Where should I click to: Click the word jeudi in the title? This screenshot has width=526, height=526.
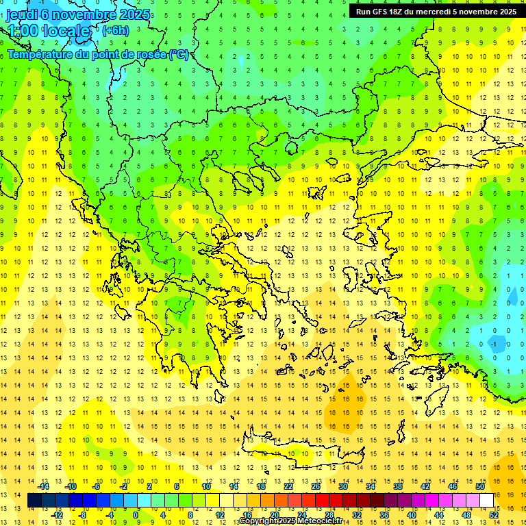(x=22, y=15)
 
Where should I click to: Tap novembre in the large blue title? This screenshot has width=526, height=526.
(x=82, y=15)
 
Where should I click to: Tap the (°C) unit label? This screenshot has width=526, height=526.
(x=179, y=54)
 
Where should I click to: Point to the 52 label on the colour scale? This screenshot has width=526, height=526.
(x=494, y=515)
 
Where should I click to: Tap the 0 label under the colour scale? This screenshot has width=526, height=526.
(x=136, y=515)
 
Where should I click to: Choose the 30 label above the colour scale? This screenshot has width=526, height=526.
(x=342, y=486)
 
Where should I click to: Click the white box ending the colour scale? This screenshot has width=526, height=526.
(x=487, y=501)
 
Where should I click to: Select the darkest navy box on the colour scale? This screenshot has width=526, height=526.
(x=35, y=501)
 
